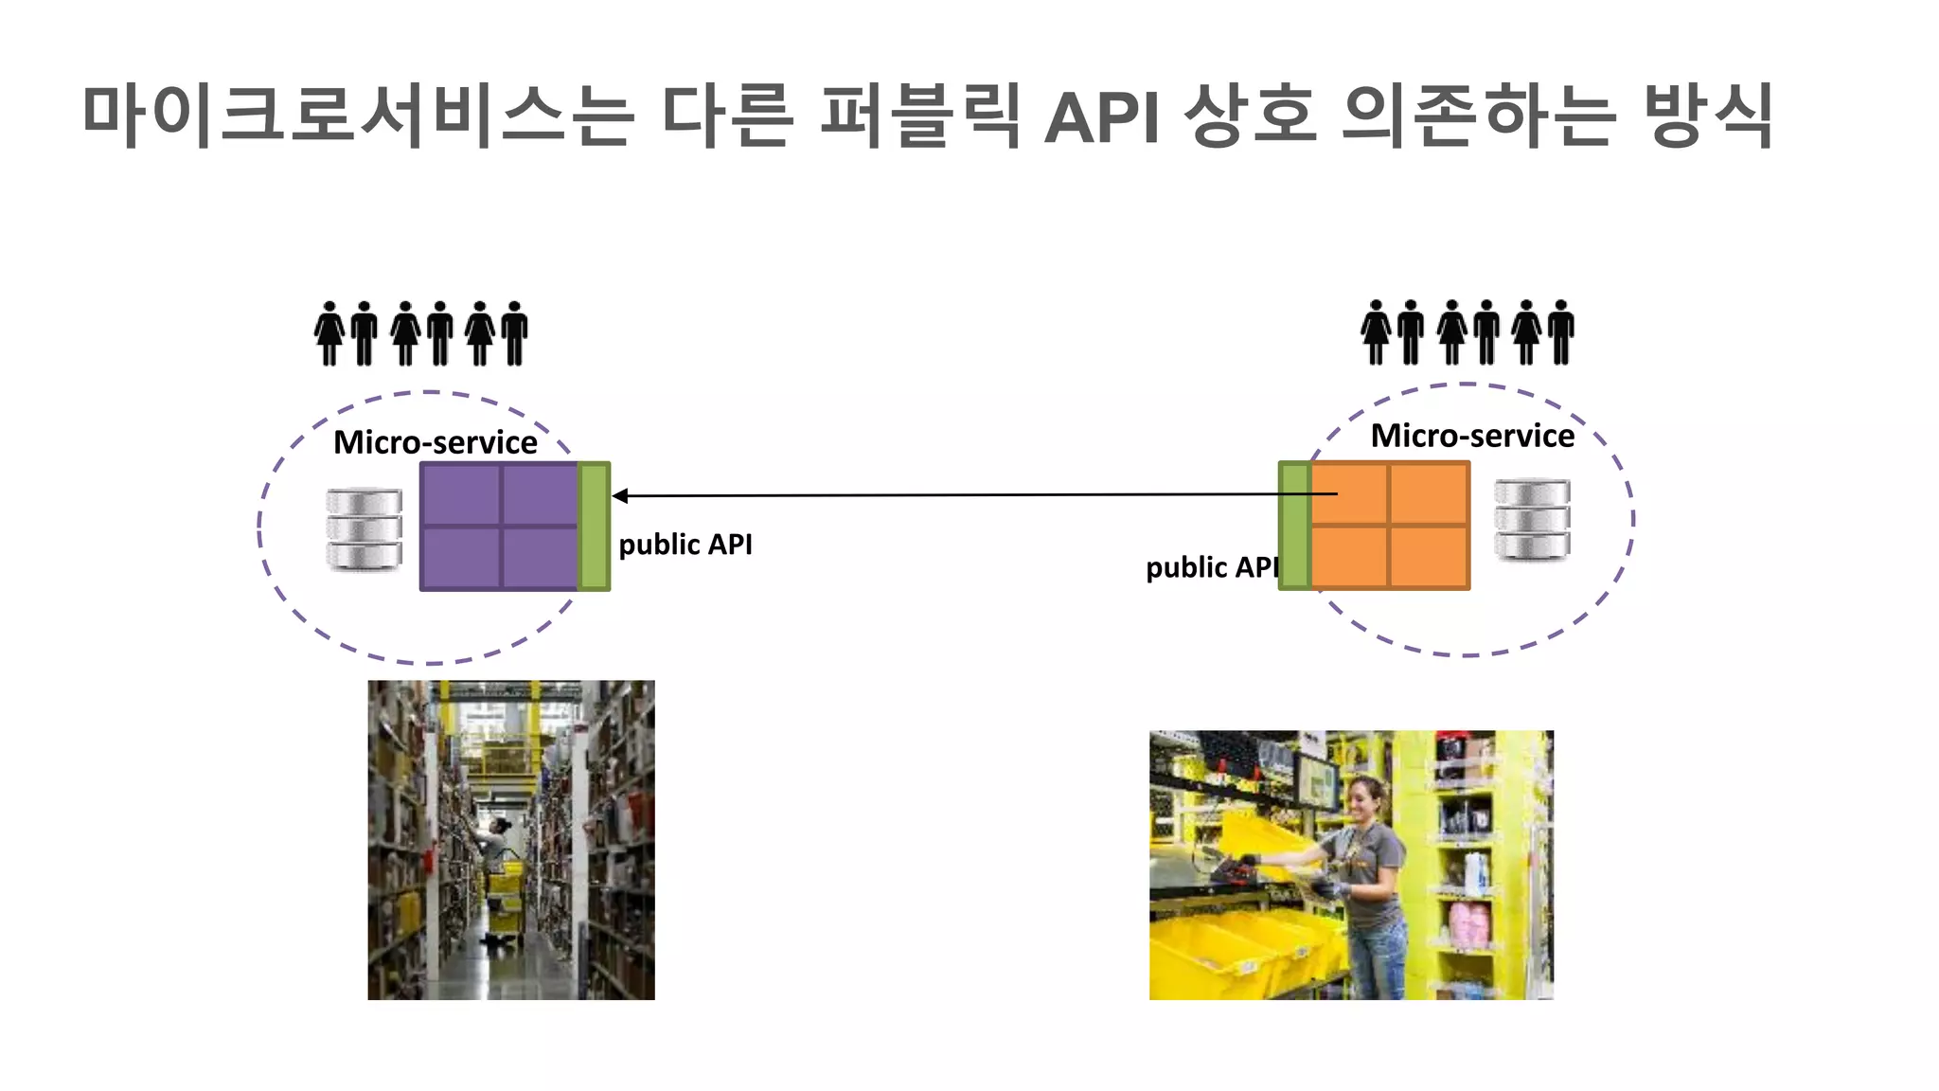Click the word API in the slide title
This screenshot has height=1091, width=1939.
pos(1102,117)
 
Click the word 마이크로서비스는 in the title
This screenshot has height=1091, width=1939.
pos(358,116)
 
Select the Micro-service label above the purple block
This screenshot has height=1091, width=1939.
pos(435,442)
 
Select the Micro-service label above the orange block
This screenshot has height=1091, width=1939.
pos(1472,436)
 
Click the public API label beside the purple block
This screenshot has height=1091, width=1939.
pos(685,545)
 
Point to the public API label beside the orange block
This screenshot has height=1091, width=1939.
pos(1211,567)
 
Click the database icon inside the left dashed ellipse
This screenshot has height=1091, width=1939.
pos(364,528)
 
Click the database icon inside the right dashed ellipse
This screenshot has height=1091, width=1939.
pos(1532,519)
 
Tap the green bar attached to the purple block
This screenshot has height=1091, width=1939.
pos(595,527)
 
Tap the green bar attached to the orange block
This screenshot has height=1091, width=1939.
pos(1294,527)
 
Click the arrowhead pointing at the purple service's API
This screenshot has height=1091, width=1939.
pos(620,495)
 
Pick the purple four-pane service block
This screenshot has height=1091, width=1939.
pos(499,527)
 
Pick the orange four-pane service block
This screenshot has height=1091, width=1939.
pos(1390,527)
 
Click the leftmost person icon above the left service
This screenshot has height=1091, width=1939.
pos(329,333)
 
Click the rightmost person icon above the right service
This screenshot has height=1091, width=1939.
pos(1561,332)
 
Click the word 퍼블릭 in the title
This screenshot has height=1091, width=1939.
pos(919,117)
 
